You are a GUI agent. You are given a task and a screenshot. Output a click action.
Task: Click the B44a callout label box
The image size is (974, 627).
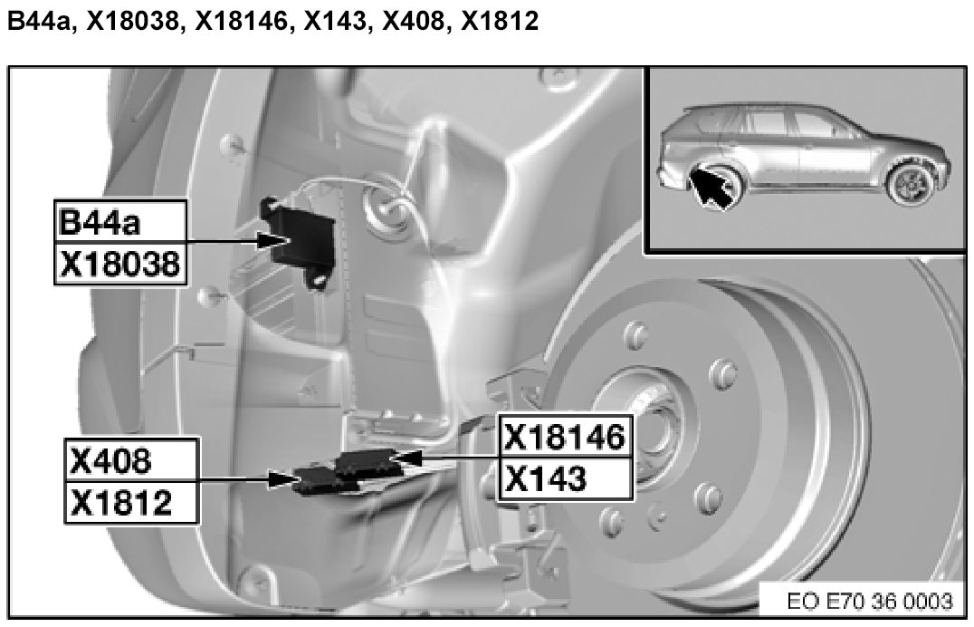point(120,222)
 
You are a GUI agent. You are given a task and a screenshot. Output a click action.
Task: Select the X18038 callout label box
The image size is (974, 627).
point(120,264)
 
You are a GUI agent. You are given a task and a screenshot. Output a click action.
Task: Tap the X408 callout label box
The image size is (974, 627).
point(130,460)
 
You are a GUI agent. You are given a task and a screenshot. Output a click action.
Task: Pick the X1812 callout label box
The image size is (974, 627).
point(130,501)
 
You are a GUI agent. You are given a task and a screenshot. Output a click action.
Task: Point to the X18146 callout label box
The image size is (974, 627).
point(565,437)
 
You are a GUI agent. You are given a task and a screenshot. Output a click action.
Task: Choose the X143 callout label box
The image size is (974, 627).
point(565,478)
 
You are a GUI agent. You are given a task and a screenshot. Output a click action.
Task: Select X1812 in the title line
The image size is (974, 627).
point(500,22)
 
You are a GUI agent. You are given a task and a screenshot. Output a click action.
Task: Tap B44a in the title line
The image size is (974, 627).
point(40,22)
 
